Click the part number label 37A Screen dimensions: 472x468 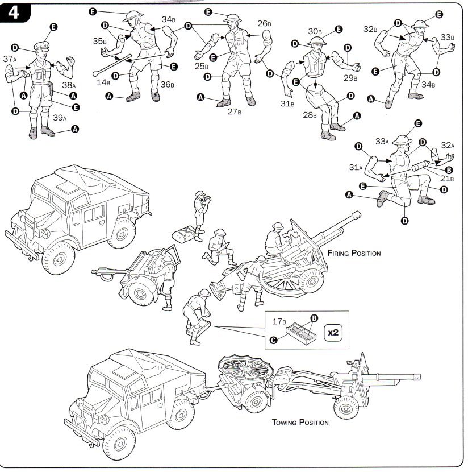(10, 59)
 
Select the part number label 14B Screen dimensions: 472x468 (103, 82)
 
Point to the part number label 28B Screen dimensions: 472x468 (310, 115)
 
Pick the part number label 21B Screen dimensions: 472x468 (448, 178)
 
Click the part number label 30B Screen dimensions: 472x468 (315, 31)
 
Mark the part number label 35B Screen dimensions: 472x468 (100, 41)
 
